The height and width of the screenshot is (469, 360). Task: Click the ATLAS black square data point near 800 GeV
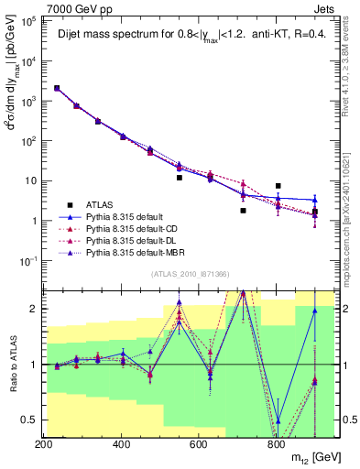tap(278, 186)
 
